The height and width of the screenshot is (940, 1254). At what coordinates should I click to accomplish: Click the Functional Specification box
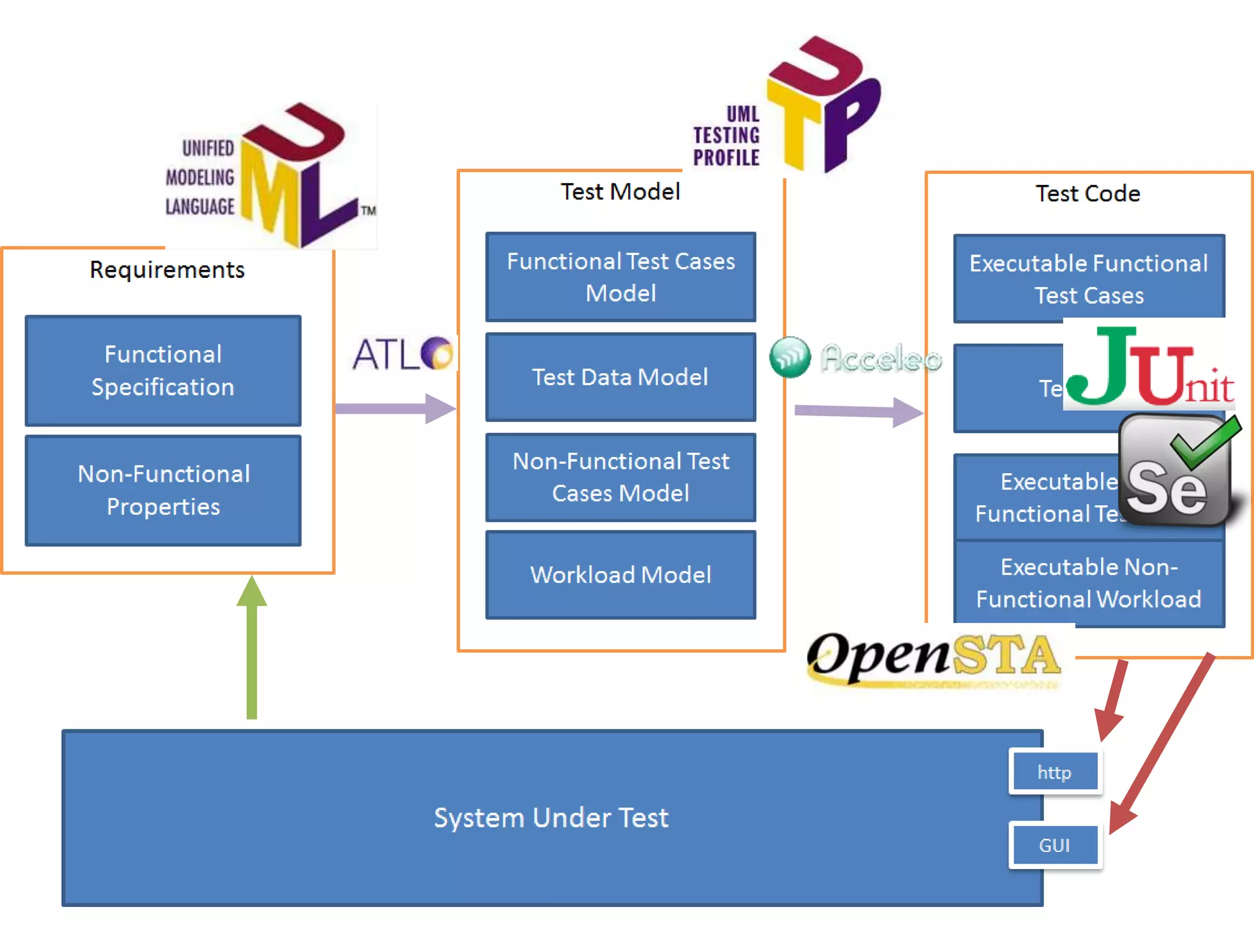[163, 370]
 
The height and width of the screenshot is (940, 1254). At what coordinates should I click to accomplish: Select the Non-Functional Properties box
[163, 490]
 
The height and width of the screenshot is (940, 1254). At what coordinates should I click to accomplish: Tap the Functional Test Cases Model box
[620, 277]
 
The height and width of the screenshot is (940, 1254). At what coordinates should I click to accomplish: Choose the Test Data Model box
[620, 377]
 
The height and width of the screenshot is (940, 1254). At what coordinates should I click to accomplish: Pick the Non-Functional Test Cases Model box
[620, 477]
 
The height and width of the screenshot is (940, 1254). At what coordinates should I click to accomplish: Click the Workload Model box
[620, 575]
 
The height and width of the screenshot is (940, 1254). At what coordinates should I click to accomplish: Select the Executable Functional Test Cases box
[1088, 278]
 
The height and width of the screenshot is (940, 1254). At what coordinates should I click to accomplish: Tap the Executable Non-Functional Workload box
[1088, 583]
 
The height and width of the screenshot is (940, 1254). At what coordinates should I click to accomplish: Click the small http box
[1054, 772]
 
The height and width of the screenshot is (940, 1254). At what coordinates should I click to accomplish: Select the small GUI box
[1054, 845]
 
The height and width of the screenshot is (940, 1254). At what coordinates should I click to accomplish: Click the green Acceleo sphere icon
[790, 357]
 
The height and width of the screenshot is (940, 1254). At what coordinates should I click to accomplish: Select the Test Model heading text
[620, 192]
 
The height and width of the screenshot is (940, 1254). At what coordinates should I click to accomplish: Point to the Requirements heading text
[167, 269]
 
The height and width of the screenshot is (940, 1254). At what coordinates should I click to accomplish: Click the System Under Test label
[551, 818]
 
